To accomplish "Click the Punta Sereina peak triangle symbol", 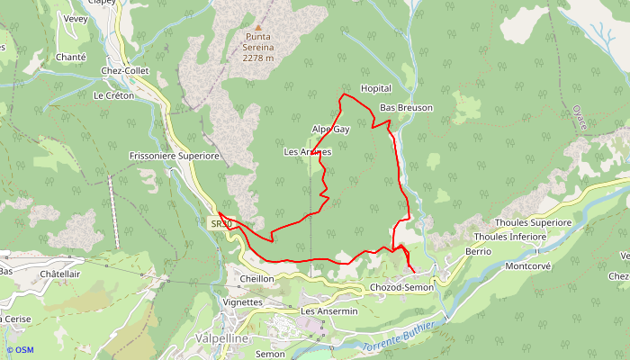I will point(257,28).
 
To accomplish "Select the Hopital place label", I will point(375,89).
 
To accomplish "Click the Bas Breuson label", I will point(406,108).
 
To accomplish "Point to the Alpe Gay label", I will point(330,130).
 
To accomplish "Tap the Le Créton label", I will point(113,95).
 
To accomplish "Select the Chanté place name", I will point(71,57).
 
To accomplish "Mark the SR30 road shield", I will point(222,223).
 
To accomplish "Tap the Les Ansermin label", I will point(329,311).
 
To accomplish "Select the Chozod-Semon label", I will point(401,287).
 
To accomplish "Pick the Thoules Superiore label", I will point(534,222).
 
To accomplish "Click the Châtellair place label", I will point(61,274).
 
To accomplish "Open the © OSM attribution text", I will point(19,350).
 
